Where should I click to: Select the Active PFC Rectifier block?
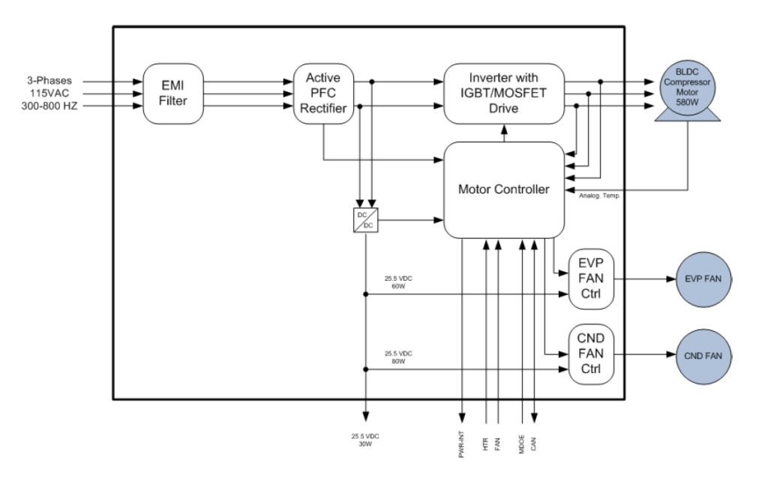[322, 94]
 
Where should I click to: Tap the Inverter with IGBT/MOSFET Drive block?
[503, 94]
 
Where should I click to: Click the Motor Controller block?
[503, 190]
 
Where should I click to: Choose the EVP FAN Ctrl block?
[591, 279]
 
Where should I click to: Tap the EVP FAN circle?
[703, 278]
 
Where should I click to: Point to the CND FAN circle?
[703, 356]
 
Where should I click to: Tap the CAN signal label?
[533, 442]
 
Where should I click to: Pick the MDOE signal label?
[521, 442]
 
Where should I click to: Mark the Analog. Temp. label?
[597, 196]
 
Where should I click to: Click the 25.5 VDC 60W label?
[398, 282]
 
